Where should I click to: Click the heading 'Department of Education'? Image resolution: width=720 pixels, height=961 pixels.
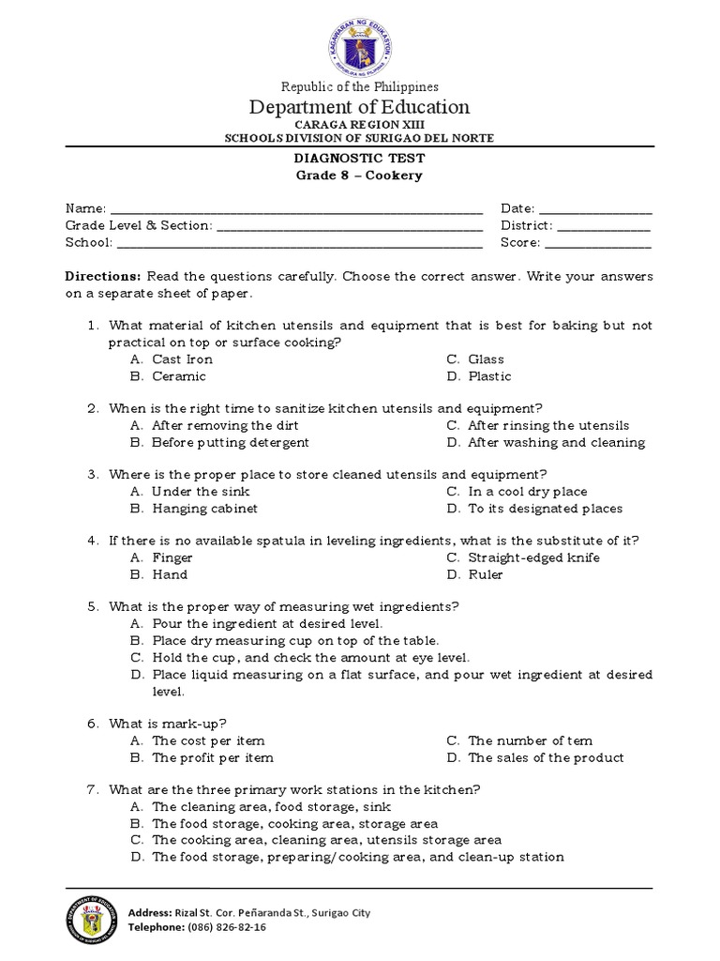pyautogui.click(x=360, y=107)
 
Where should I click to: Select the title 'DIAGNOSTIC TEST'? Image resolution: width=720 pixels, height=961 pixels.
pyautogui.click(x=360, y=159)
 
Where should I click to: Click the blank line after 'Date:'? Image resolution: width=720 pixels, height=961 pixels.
pyautogui.click(x=596, y=209)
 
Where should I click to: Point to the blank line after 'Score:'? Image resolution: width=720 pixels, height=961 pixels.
pyautogui.click(x=598, y=244)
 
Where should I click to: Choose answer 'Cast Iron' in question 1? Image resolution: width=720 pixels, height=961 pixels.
pyautogui.click(x=182, y=359)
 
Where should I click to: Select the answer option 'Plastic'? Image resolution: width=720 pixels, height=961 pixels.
pyautogui.click(x=489, y=376)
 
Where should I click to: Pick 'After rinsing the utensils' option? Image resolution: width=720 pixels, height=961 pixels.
pyautogui.click(x=548, y=425)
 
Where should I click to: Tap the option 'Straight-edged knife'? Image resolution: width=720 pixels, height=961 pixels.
pyautogui.click(x=533, y=557)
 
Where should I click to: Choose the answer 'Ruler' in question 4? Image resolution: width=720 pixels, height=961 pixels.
pyautogui.click(x=486, y=574)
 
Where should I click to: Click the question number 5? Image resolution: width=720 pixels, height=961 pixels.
pyautogui.click(x=93, y=606)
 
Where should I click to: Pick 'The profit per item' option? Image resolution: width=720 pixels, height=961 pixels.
pyautogui.click(x=213, y=757)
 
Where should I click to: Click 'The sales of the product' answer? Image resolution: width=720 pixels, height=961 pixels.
pyautogui.click(x=546, y=757)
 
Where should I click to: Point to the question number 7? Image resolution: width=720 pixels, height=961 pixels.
pyautogui.click(x=93, y=789)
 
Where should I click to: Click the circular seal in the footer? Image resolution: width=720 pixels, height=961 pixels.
pyautogui.click(x=93, y=920)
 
